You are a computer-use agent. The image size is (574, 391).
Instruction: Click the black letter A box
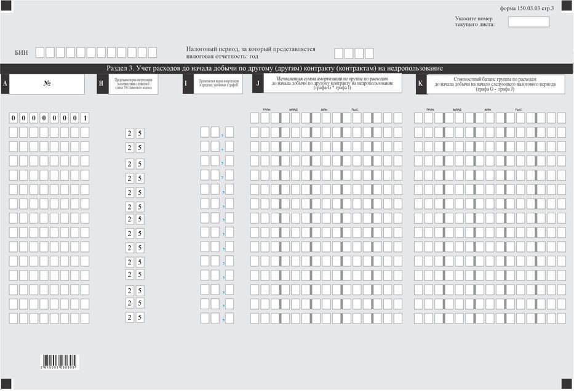tap(5, 84)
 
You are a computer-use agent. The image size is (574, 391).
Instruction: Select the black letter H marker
tap(102, 84)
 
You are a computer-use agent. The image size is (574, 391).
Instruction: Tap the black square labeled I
tap(187, 84)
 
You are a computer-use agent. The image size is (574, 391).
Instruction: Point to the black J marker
tap(258, 84)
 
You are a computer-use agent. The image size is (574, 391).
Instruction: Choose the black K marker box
tap(421, 84)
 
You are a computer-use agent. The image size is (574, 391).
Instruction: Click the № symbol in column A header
tap(47, 84)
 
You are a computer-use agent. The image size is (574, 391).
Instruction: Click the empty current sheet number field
tap(528, 22)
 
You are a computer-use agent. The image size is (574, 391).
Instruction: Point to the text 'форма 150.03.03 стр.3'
tap(527, 8)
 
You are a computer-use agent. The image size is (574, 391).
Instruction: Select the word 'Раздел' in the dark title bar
tap(117, 68)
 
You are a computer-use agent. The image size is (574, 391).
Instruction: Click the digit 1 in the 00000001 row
tap(84, 117)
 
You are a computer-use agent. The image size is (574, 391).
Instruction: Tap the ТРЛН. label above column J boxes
tap(266, 109)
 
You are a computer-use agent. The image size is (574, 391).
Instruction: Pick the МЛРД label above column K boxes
tap(457, 109)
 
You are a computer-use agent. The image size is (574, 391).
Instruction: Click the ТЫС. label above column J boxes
tap(354, 109)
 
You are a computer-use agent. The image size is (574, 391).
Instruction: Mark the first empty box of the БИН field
tap(40, 53)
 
